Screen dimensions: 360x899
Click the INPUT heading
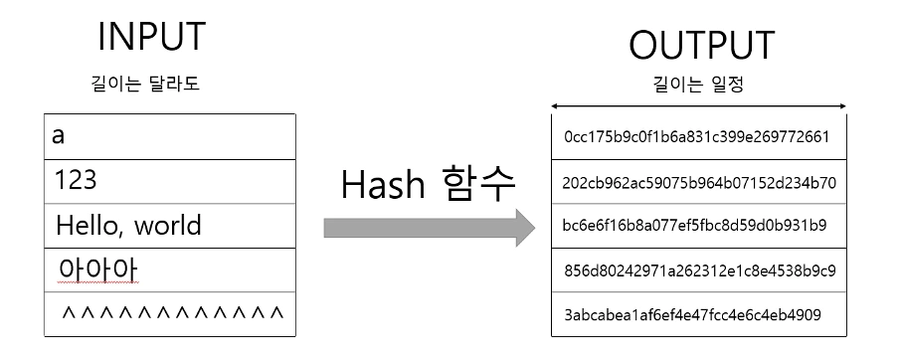(151, 37)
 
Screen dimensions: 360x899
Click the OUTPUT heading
(701, 46)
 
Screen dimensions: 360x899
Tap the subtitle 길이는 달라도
(145, 84)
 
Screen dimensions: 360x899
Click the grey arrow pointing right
(429, 229)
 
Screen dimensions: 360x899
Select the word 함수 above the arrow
(481, 185)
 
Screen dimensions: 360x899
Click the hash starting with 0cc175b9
(696, 137)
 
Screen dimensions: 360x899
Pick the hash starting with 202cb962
(699, 183)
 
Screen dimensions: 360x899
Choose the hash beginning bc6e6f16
(694, 225)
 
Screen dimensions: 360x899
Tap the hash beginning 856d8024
(699, 270)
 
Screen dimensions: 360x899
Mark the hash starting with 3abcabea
(692, 315)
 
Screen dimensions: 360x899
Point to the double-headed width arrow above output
(698, 106)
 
